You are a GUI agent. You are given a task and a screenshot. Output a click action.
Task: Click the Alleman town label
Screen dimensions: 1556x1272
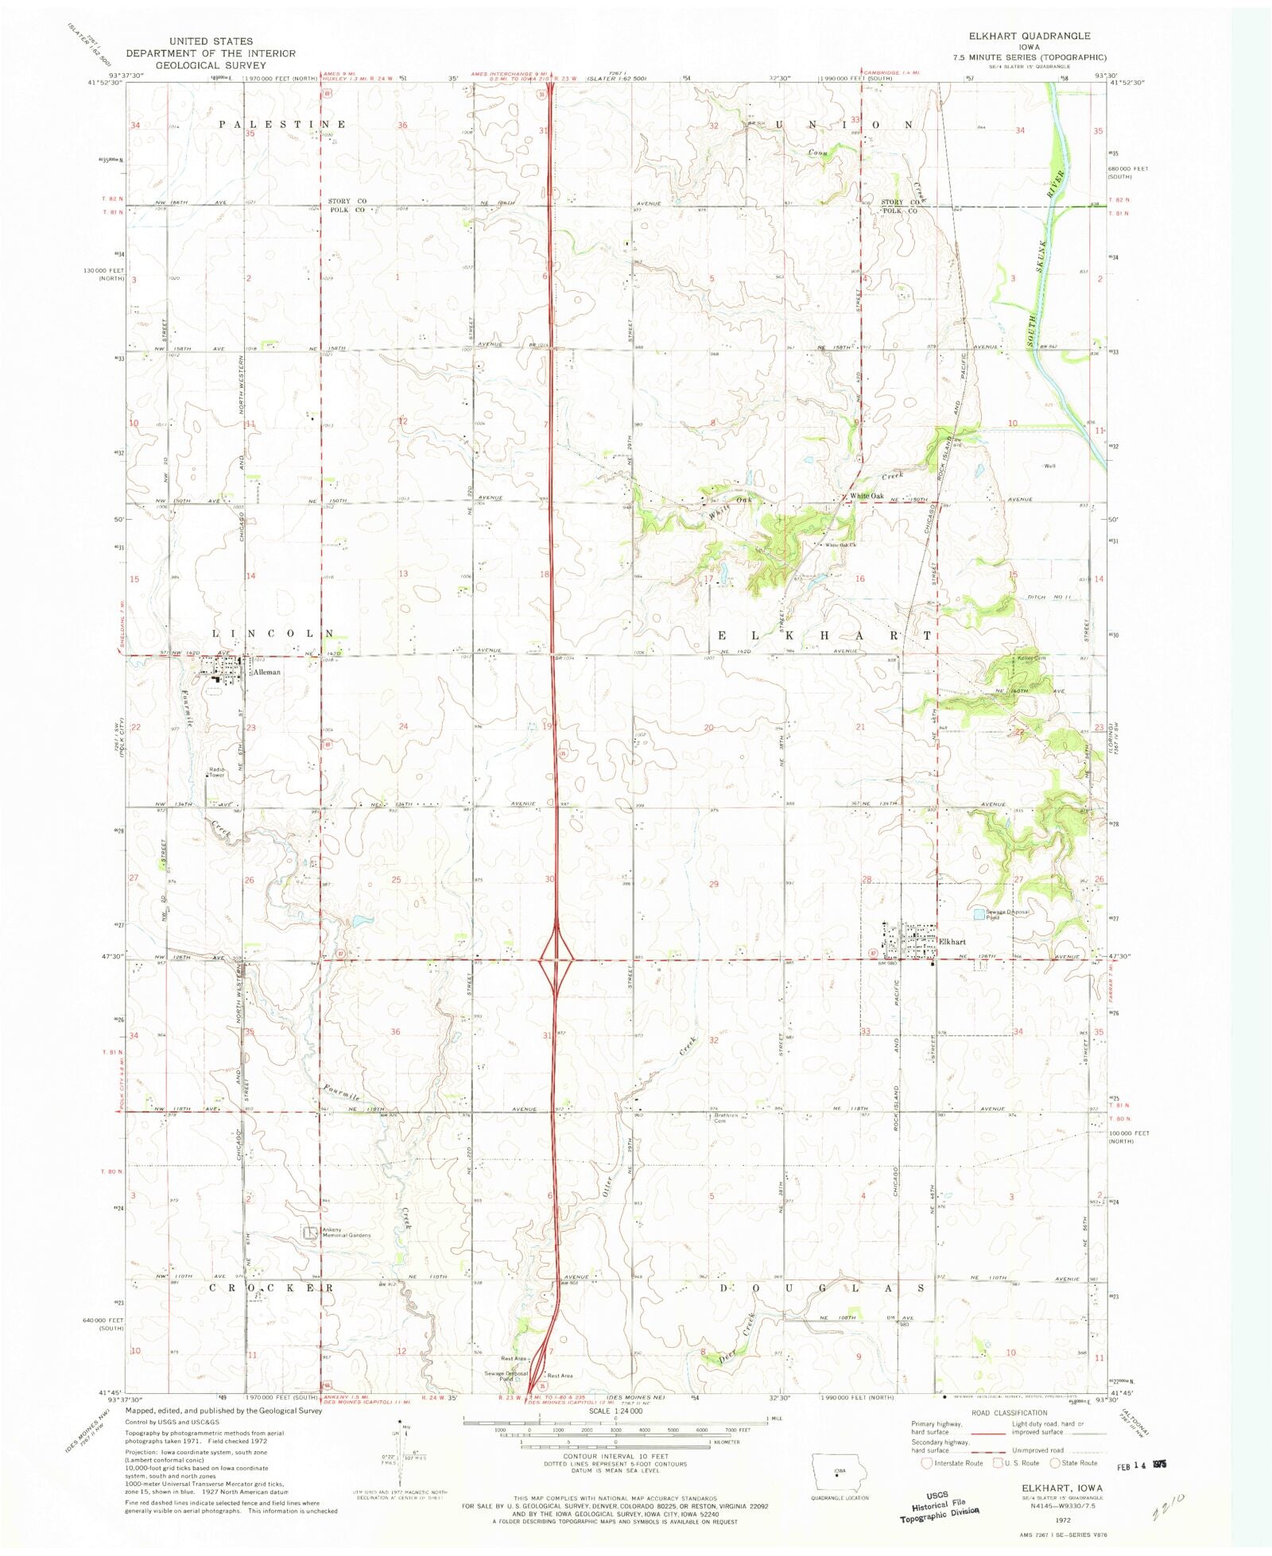[266, 672]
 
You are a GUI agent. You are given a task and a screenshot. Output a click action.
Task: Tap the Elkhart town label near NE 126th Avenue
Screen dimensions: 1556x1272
[952, 942]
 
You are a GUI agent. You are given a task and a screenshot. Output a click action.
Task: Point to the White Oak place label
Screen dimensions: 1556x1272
[867, 496]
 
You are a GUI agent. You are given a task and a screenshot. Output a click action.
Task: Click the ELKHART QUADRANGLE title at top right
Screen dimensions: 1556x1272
[1029, 36]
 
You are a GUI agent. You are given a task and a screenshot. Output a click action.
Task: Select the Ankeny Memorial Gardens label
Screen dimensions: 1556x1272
[346, 1233]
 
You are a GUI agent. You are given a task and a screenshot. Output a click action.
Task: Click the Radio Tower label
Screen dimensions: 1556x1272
[216, 772]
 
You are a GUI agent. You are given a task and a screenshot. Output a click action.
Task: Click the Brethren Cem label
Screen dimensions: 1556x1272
[726, 1117]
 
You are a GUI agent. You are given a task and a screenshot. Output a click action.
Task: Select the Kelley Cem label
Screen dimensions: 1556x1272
[1031, 658]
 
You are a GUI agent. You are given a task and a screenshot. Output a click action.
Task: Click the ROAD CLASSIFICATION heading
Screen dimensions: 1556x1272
[1009, 1412]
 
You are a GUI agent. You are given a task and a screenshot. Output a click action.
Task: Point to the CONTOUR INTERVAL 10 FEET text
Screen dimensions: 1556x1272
[615, 1457]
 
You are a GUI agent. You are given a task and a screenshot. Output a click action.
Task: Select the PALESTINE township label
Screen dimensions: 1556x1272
[282, 125]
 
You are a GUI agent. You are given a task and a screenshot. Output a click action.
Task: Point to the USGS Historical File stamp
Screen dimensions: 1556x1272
[940, 1506]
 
